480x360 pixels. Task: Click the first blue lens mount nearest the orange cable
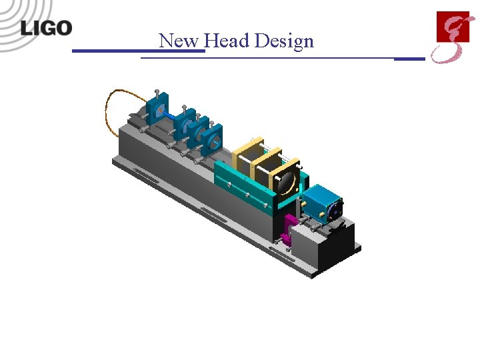point(159,111)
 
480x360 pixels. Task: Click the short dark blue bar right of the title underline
point(409,59)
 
